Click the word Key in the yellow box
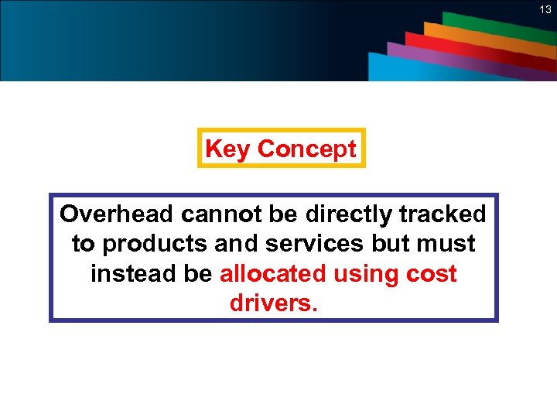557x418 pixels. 228,149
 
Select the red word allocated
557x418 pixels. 274,274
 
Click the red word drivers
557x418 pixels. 273,303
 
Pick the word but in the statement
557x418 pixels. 391,244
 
